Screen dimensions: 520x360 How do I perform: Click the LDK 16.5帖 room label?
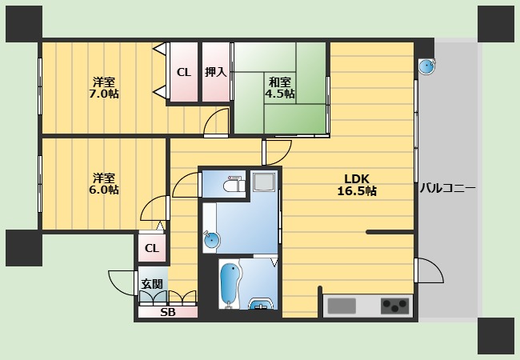pos(357,185)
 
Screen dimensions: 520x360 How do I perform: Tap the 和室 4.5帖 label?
pos(280,88)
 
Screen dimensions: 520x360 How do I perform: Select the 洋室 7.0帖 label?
pos(104,88)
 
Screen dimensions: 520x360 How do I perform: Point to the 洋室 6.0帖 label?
pos(104,184)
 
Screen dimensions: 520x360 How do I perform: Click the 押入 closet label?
pos(215,72)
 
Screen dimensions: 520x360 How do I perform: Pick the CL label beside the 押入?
pos(184,72)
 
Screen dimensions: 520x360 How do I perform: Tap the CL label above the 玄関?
pos(152,248)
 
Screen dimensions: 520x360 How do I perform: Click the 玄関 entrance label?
pos(152,284)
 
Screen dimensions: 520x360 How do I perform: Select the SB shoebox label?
pos(168,312)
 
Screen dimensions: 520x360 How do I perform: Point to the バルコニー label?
pos(448,189)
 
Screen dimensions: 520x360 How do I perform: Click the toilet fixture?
pos(234,184)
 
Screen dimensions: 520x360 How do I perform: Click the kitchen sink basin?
pos(342,306)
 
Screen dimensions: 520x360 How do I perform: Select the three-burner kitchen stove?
pos(394,306)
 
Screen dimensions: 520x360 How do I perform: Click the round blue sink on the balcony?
pos(426,66)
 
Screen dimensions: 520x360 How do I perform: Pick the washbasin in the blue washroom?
pos(211,240)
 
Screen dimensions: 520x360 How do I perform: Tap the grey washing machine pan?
pos(264,182)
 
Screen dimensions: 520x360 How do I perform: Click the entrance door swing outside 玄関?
pos(123,283)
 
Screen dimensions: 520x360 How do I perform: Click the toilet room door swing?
pos(186,185)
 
